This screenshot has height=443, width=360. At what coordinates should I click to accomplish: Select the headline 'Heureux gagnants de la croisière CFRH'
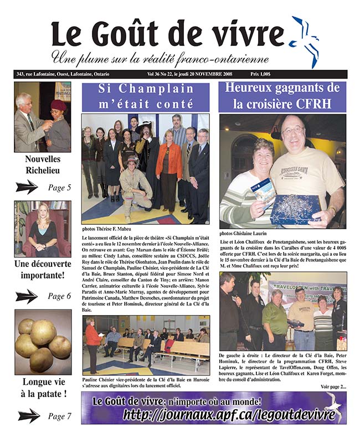(282, 96)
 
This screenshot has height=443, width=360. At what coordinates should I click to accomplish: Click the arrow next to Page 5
(26, 187)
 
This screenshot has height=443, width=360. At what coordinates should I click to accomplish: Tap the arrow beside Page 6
(26, 296)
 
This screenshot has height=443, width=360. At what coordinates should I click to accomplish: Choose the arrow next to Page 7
(28, 416)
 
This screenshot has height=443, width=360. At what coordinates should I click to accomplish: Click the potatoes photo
(43, 342)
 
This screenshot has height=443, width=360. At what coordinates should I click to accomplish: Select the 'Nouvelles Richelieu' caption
(43, 165)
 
